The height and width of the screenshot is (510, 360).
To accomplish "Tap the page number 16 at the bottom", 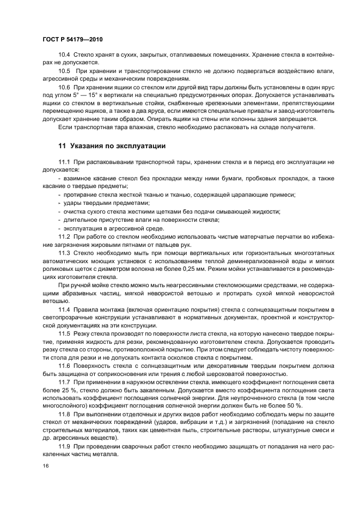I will click(x=45, y=466).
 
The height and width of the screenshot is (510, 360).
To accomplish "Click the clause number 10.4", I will click(x=64, y=54).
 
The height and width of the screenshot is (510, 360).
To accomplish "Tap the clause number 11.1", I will click(x=64, y=162).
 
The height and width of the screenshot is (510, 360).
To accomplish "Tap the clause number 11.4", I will click(x=64, y=309).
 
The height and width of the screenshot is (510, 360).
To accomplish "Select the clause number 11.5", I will click(x=64, y=333).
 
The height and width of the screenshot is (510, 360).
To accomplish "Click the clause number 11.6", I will click(x=64, y=366).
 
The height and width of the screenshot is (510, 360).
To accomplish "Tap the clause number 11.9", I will click(x=64, y=447).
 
